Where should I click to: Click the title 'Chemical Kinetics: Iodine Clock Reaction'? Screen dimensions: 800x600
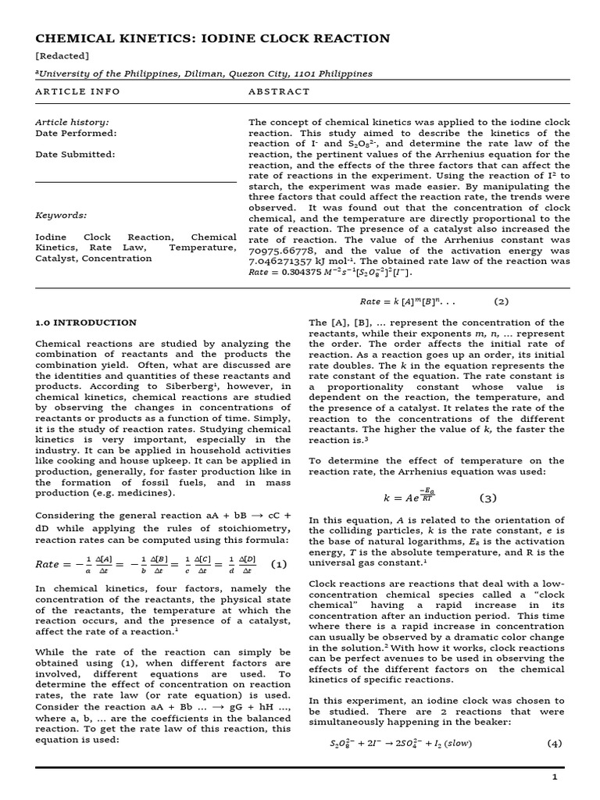(x=212, y=38)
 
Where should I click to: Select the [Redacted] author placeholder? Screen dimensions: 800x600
(x=62, y=56)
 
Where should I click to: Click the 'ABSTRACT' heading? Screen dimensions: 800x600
(x=279, y=91)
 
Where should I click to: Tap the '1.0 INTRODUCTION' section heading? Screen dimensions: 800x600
(x=86, y=323)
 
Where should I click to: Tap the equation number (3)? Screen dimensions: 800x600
(x=487, y=498)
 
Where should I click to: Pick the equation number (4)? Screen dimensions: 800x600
(x=555, y=744)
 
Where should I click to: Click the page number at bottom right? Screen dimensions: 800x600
(x=555, y=777)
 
